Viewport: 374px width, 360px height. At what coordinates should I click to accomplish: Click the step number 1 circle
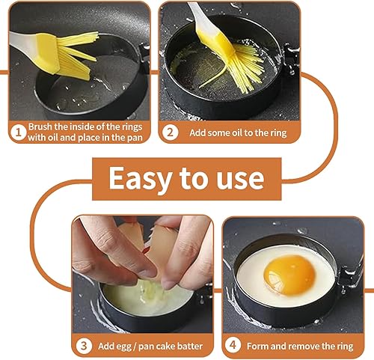[x=18, y=132]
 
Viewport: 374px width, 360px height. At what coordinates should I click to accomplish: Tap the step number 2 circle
[x=170, y=132]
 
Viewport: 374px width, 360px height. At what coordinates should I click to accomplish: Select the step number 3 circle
[x=84, y=346]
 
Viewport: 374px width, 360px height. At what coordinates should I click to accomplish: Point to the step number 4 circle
[x=233, y=345]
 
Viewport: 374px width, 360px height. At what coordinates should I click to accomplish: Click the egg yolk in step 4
[x=289, y=275]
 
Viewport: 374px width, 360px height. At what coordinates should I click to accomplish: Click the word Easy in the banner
[x=141, y=179]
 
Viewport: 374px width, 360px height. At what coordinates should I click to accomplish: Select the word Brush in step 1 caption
[x=40, y=126]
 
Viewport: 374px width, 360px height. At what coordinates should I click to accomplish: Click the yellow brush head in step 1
[x=67, y=55]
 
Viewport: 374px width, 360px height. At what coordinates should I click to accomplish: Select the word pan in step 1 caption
[x=135, y=138]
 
